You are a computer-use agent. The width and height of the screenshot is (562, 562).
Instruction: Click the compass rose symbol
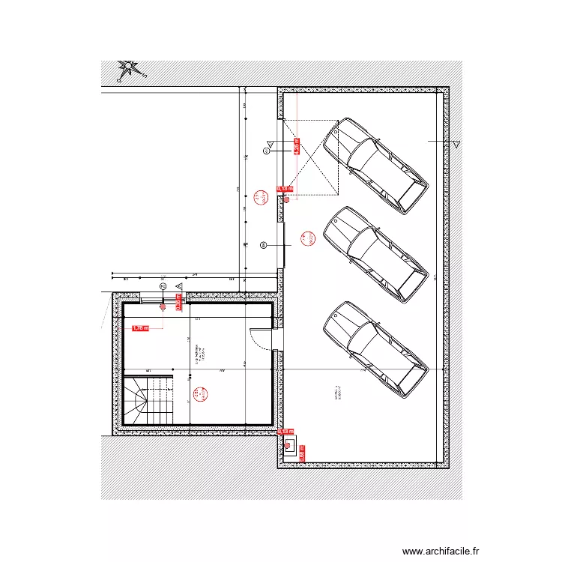[x=131, y=70]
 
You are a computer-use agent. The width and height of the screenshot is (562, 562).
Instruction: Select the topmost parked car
[x=375, y=164]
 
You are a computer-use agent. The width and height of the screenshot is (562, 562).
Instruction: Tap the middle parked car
[x=375, y=254]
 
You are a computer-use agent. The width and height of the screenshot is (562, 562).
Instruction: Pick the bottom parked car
[x=375, y=348]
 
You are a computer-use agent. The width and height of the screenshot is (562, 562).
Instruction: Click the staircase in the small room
[x=148, y=401]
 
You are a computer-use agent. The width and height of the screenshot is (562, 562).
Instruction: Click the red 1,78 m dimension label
[x=140, y=327]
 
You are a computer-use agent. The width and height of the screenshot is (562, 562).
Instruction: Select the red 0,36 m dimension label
[x=179, y=301]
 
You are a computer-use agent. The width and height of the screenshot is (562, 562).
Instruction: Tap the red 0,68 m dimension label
[x=297, y=145]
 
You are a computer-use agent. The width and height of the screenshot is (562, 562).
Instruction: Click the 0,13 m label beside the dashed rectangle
[x=285, y=189]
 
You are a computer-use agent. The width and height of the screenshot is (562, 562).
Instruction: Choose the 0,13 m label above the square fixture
[x=285, y=432]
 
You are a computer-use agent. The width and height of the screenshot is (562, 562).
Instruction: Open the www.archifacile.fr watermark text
[x=440, y=551]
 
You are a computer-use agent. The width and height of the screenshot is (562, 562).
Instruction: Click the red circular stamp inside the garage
[x=306, y=239]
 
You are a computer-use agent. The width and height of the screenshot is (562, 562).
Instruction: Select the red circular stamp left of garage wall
[x=262, y=198]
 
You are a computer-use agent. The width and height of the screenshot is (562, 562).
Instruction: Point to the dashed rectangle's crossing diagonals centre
[x=310, y=158]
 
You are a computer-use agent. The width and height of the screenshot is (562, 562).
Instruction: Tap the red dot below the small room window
[x=162, y=306]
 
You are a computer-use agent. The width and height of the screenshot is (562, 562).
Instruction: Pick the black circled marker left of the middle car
[x=264, y=245]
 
